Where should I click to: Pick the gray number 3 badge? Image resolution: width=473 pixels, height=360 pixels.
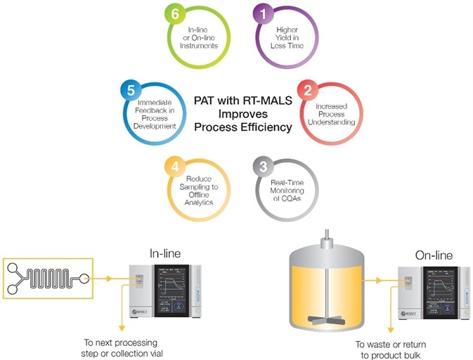click(x=264, y=167)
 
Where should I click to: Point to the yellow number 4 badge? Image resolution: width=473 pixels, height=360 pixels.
click(x=174, y=167)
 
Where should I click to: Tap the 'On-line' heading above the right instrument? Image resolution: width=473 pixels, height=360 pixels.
click(x=434, y=254)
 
